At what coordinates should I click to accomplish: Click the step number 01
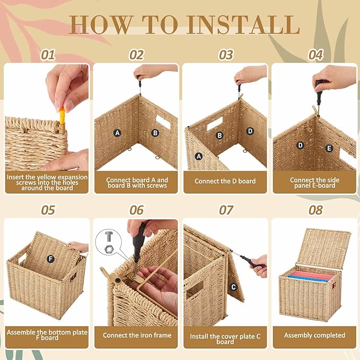click(48, 55)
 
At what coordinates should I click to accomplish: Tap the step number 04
click(315, 55)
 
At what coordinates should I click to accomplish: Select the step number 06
click(136, 210)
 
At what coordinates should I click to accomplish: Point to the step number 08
click(315, 210)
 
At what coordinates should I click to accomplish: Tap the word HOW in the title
click(101, 24)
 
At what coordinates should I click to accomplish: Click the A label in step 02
click(117, 133)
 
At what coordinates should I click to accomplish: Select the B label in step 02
click(155, 133)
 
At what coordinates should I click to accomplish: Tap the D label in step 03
click(250, 131)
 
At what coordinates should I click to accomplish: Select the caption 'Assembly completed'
click(314, 335)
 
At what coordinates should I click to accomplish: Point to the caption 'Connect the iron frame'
click(137, 335)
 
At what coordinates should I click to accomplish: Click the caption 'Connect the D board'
click(225, 181)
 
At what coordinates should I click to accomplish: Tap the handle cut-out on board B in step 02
click(162, 122)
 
